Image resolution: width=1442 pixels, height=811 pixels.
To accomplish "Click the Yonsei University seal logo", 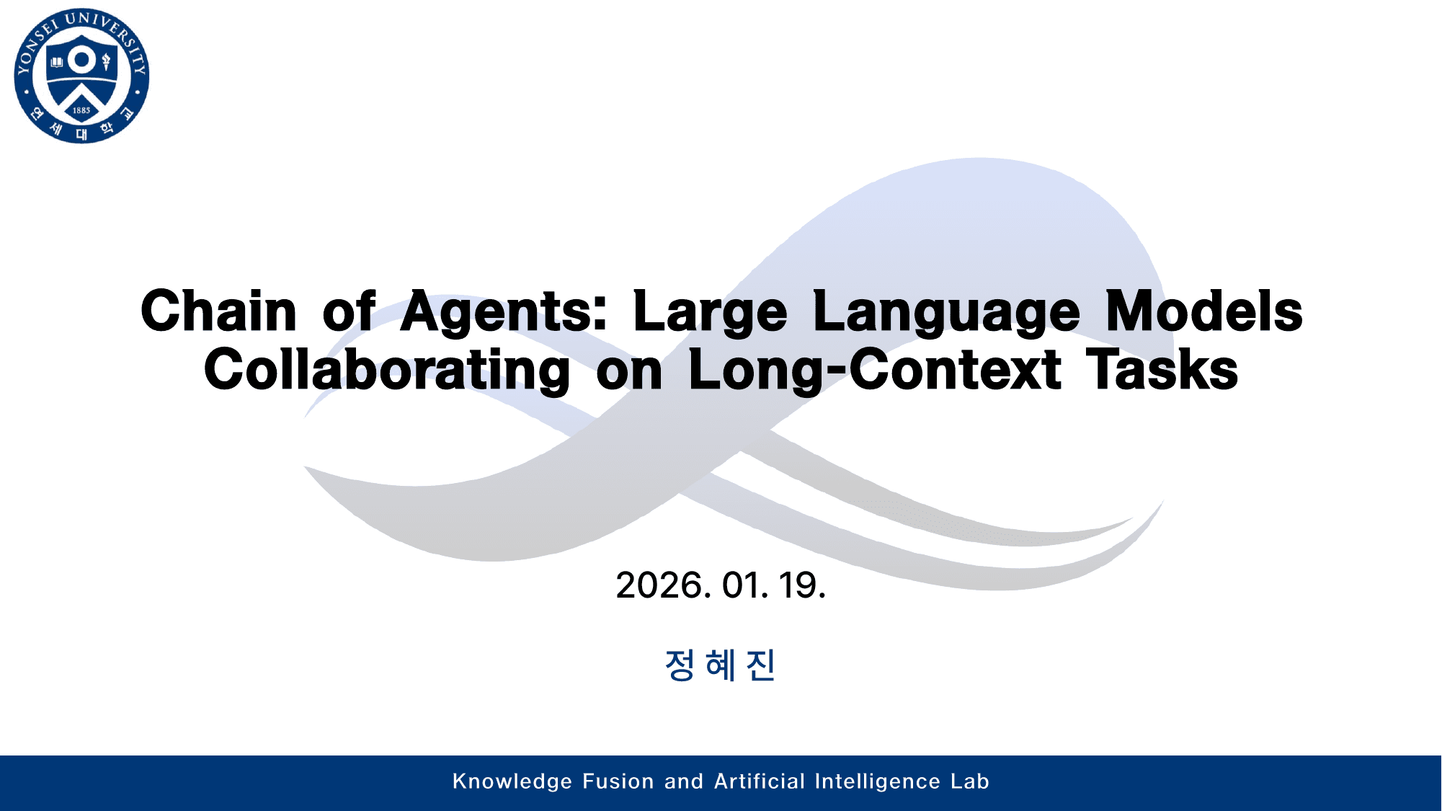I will click(81, 76).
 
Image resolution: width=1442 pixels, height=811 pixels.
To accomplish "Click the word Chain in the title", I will click(218, 311).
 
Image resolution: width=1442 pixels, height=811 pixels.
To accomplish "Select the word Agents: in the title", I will click(504, 311).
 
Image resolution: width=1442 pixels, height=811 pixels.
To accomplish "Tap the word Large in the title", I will click(710, 311).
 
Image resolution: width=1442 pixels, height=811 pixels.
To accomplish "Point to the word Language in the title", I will click(946, 311).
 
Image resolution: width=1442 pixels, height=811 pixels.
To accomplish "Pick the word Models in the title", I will click(1203, 311).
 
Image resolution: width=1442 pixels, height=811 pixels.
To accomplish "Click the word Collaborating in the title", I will click(387, 370).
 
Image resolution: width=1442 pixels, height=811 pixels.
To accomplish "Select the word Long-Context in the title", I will click(874, 370).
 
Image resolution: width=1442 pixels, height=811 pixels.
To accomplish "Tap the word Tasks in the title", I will click(1162, 370).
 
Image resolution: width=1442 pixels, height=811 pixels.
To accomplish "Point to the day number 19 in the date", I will click(800, 585).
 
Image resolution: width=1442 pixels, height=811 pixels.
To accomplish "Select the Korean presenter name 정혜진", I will click(720, 665).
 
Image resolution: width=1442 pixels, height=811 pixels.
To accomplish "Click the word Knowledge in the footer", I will click(512, 781).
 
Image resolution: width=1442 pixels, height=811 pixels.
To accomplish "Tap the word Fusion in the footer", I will click(618, 781).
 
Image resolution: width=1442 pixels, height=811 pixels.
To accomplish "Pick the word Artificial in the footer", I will click(760, 781).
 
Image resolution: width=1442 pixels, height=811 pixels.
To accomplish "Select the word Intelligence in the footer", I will click(877, 781).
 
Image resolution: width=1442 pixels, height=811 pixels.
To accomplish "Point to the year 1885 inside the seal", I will click(81, 110).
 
